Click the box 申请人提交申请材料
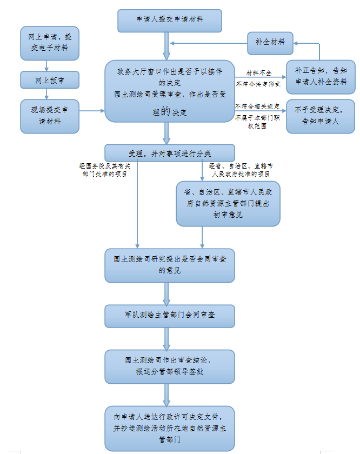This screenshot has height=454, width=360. pos(170,21)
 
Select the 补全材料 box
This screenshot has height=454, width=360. pos(270,43)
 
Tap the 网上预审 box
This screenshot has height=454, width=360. pos(49,80)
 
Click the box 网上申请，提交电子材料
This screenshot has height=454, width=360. pos(49,43)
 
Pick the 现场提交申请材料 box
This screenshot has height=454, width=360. pos(49,116)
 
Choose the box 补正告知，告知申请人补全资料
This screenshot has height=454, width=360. pos(321,77)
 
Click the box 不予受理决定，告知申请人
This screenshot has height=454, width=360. pos(321,116)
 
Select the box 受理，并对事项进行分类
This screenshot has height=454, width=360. pos(170,152)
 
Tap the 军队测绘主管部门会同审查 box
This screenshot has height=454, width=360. pos(170,316)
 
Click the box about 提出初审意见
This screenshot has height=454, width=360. pos(228,203)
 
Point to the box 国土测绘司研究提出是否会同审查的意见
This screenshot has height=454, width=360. pos(170,265)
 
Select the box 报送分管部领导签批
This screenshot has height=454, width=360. pos(170,366)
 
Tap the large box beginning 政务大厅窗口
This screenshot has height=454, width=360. pos(170,91)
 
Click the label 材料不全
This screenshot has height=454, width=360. pos(258,72)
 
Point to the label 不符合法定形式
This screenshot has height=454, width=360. pos(258,84)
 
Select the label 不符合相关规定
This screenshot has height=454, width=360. pos(257,106)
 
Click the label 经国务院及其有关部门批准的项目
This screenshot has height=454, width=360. pos(105,170)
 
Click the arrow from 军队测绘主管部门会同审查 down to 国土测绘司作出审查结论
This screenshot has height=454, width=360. pos(167,338)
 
